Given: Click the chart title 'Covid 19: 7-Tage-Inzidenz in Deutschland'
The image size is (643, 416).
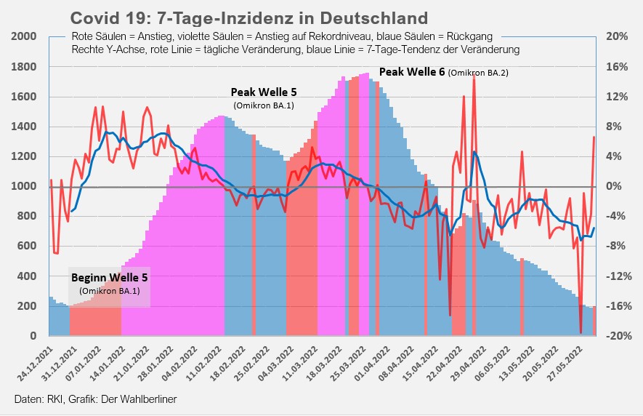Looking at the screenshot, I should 248,17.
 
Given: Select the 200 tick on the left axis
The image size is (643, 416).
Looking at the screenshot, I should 28,306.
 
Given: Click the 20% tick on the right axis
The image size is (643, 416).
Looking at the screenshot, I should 616,36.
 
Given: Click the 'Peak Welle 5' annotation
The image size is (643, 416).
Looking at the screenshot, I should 264,92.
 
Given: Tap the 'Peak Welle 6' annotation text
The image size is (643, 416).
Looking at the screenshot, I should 412,72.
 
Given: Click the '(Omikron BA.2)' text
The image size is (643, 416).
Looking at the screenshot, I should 477,73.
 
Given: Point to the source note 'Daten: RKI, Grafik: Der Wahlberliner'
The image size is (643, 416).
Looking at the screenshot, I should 95,399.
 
